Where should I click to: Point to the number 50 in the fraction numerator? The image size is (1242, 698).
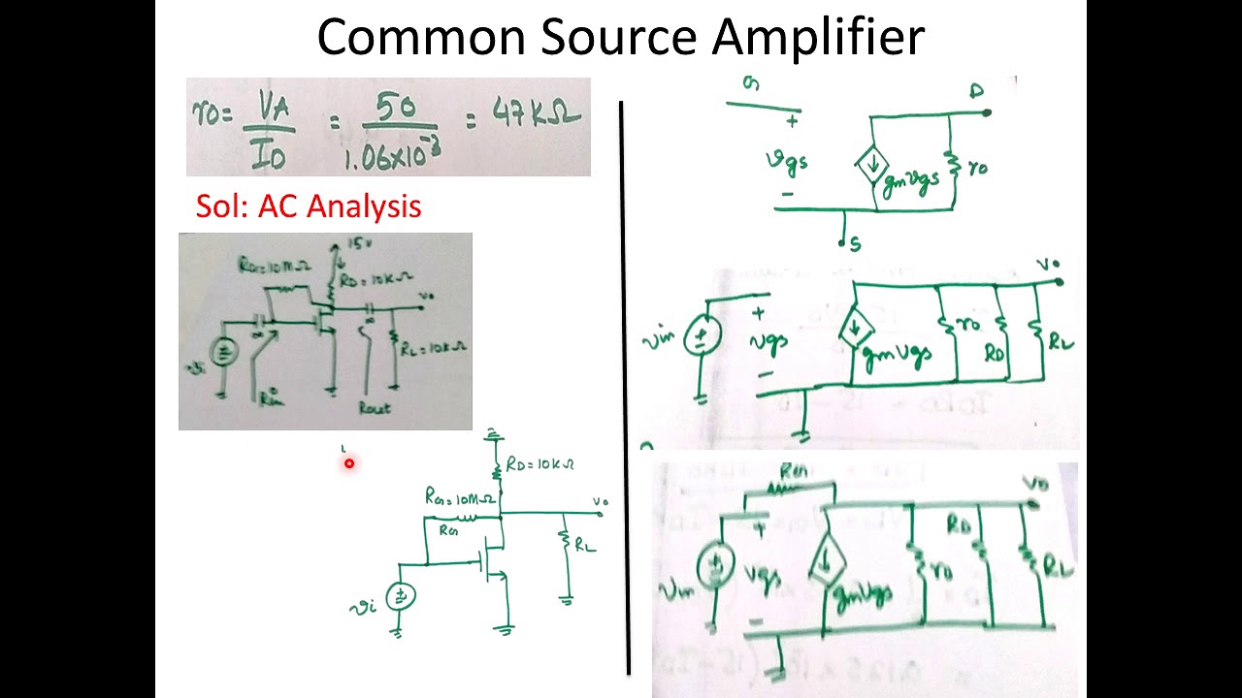click(x=398, y=109)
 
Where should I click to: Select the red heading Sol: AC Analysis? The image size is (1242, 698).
click(x=309, y=206)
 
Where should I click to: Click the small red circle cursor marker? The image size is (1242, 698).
click(x=348, y=463)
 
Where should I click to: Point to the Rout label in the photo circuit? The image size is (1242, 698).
click(x=374, y=408)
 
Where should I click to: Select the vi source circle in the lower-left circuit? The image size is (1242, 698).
click(x=400, y=597)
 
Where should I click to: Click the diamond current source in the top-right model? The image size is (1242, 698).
click(x=871, y=167)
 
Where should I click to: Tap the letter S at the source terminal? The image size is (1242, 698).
click(x=855, y=244)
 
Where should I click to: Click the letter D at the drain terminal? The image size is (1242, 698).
click(x=976, y=92)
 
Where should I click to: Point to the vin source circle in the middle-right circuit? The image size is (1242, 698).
click(x=699, y=338)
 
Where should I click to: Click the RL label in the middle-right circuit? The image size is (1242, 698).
click(x=1062, y=340)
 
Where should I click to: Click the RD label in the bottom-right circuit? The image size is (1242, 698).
click(x=960, y=525)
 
